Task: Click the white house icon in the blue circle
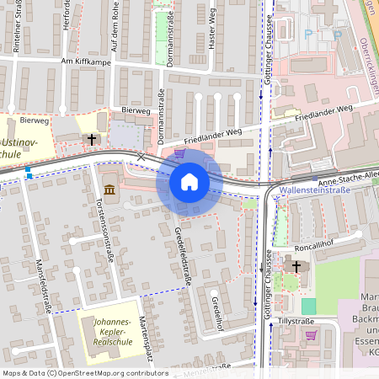click(189, 182)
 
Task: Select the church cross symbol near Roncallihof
click(296, 267)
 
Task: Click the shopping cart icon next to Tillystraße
click(311, 334)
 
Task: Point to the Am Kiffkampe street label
click(87, 61)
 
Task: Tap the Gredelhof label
click(218, 310)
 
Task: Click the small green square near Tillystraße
click(309, 306)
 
